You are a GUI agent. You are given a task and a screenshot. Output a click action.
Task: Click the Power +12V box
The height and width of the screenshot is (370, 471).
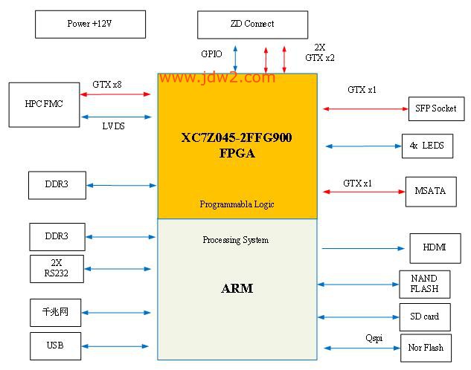(91, 25)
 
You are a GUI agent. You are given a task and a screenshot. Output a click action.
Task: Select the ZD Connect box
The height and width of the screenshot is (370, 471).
(253, 25)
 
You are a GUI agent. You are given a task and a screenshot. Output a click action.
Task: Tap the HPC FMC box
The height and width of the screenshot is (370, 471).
(44, 105)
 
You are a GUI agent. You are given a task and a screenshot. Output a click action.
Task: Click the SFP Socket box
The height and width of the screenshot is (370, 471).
(437, 108)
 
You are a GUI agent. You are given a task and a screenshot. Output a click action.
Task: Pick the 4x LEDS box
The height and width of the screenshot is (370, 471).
(427, 146)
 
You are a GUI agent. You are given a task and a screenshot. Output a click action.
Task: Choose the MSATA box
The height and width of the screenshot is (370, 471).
(431, 192)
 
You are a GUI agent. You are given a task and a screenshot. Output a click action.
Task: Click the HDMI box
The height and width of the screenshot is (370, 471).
(435, 248)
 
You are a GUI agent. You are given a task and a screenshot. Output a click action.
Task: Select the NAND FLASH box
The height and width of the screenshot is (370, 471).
(425, 285)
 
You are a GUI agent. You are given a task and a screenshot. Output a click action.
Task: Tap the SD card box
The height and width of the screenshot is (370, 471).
(425, 317)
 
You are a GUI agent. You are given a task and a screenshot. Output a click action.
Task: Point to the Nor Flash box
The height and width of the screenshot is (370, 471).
(426, 348)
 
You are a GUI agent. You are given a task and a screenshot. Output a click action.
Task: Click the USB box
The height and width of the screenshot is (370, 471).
(56, 346)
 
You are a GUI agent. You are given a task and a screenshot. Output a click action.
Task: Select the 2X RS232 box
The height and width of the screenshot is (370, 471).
(57, 269)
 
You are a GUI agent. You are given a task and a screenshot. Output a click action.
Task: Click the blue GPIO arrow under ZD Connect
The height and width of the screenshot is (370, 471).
(235, 58)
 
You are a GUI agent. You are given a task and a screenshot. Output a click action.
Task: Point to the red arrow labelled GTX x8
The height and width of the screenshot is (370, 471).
(115, 94)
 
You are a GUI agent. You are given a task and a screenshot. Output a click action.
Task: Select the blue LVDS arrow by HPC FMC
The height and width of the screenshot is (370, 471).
(116, 117)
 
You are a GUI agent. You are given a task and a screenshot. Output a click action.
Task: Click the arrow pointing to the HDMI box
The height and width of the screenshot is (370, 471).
(363, 248)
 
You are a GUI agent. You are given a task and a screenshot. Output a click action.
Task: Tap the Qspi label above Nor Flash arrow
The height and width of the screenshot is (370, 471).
(374, 338)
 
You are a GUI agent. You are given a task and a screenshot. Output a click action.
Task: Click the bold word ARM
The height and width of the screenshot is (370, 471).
(237, 288)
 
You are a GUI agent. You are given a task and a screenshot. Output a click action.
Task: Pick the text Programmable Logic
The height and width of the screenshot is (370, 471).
(237, 204)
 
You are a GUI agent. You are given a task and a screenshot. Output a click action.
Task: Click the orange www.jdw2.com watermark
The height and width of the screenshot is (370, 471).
(218, 78)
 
